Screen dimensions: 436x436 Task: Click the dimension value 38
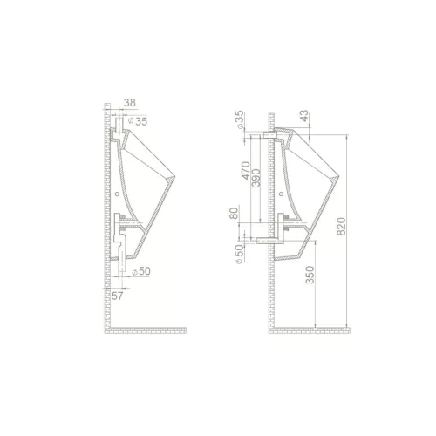pos(130,103)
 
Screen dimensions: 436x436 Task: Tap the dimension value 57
pos(118,296)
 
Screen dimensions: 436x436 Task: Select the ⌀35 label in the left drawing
pos(138,121)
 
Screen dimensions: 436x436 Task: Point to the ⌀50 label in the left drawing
pos(141,271)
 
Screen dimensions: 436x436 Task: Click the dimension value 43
pos(303,116)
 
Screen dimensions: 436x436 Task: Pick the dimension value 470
pos(246,171)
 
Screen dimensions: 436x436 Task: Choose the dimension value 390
pos(256,178)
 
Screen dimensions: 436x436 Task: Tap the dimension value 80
pos(235,213)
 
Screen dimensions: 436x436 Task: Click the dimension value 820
pos(342,226)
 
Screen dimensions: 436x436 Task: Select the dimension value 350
pos(310,275)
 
